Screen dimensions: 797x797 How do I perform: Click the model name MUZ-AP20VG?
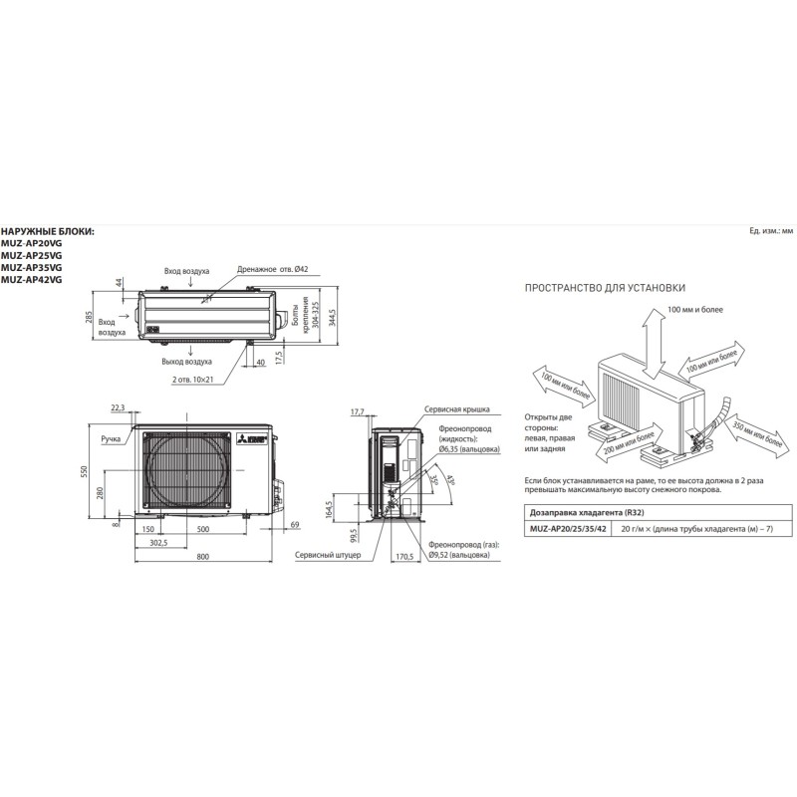(31, 242)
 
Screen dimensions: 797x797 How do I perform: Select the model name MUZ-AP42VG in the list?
(31, 280)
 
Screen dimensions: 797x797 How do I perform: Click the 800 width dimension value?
(203, 555)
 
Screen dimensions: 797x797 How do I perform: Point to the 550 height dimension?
(88, 469)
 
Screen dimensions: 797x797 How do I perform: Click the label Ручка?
(110, 437)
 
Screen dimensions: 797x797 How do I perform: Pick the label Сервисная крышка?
(456, 409)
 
